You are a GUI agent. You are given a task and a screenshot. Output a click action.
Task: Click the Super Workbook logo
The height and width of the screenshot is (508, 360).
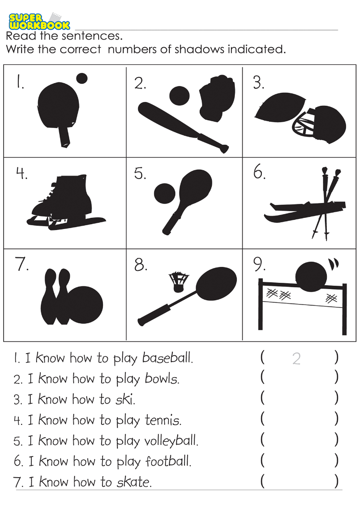[x=39, y=21]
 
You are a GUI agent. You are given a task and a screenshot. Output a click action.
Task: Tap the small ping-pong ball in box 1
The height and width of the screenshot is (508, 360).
[x=82, y=78]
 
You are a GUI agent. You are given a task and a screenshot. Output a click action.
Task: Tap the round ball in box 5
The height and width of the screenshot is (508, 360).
[x=165, y=194]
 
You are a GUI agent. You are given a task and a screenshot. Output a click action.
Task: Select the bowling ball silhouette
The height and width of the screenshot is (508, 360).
[x=85, y=305]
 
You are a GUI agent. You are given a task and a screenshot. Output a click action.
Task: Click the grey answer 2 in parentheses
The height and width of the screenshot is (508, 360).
[x=296, y=359]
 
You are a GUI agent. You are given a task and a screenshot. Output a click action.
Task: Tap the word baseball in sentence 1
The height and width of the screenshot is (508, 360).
[x=167, y=358]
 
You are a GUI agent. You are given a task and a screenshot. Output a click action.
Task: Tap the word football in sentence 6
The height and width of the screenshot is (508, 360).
[x=168, y=461]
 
